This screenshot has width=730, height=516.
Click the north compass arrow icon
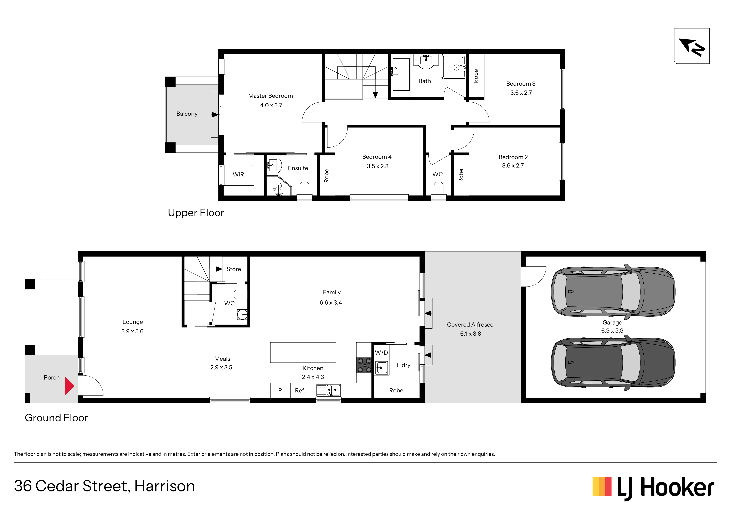click(692, 46)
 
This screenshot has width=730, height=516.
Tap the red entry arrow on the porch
click(69, 386)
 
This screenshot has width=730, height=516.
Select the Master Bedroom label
click(270, 96)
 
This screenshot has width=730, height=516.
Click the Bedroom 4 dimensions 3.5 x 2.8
click(377, 166)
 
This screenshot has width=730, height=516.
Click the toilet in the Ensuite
click(305, 188)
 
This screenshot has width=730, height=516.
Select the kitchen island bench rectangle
click(303, 352)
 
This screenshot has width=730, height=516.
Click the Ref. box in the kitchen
click(300, 390)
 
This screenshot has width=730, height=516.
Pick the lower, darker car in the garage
click(613, 363)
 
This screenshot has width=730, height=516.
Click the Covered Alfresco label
click(470, 325)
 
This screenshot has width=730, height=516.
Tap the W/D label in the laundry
click(381, 353)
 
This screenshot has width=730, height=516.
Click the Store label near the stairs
click(234, 269)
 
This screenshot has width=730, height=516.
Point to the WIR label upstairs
click(238, 175)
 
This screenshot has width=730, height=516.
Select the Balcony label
click(187, 114)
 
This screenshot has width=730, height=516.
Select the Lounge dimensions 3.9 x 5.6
click(132, 331)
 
